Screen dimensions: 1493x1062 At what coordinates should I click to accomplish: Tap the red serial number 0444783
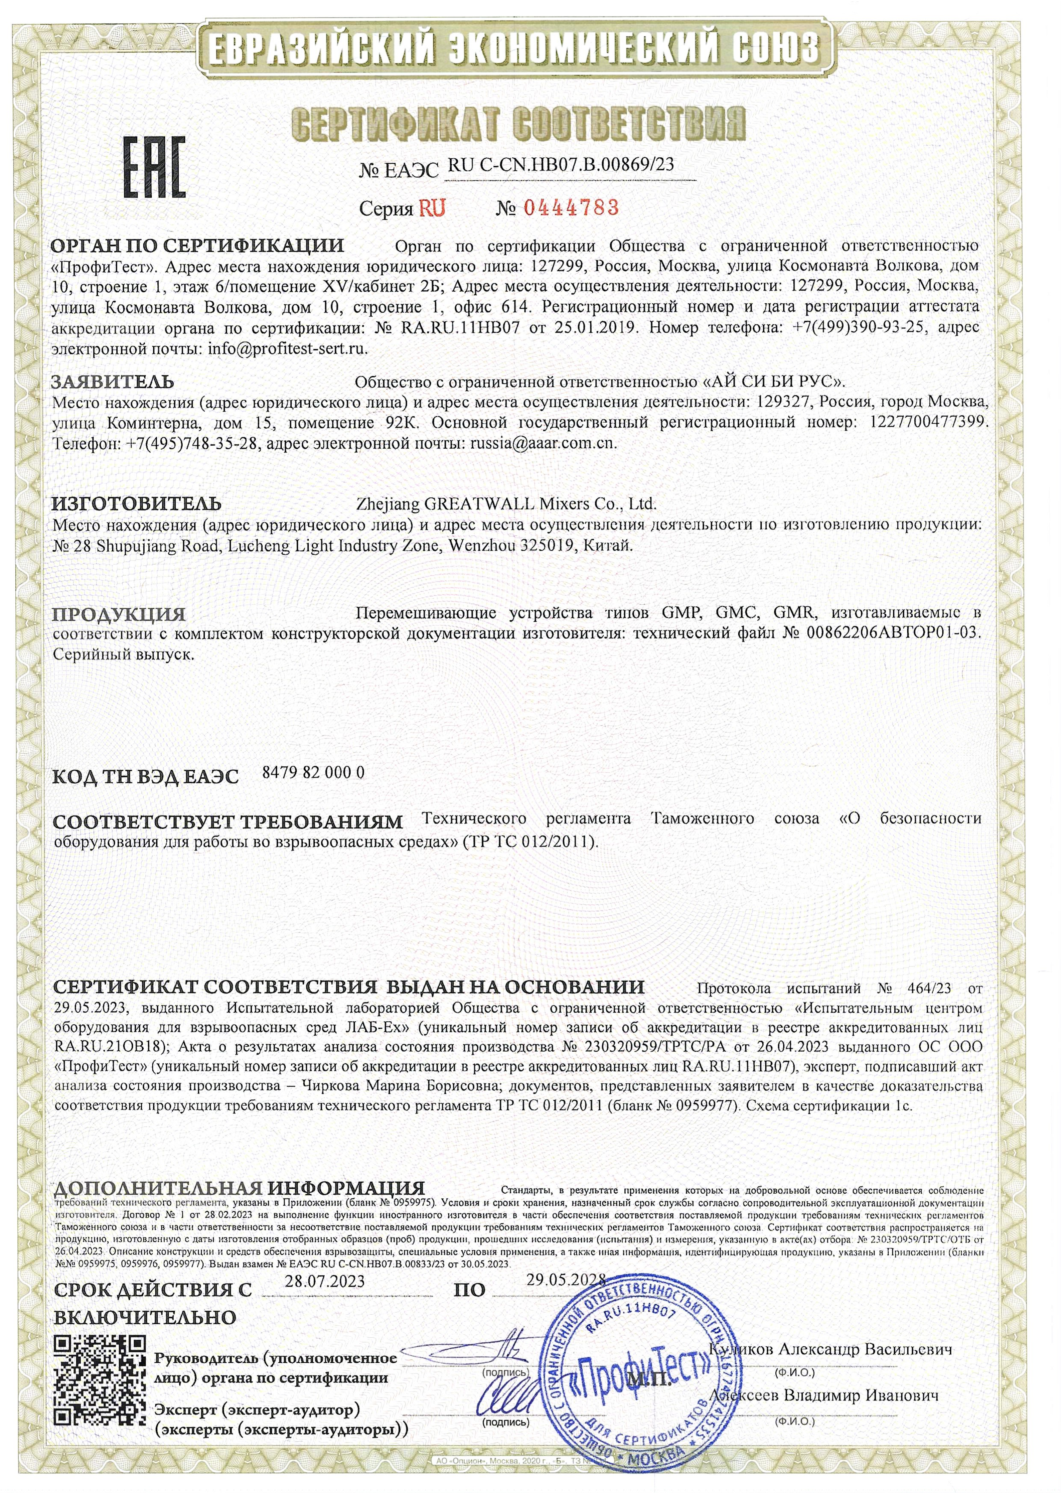571,208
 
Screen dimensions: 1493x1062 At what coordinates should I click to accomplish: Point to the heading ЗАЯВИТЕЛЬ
113,381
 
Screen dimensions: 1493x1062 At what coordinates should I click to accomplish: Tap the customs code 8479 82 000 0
313,773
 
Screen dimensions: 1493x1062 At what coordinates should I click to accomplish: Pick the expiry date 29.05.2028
566,1280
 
